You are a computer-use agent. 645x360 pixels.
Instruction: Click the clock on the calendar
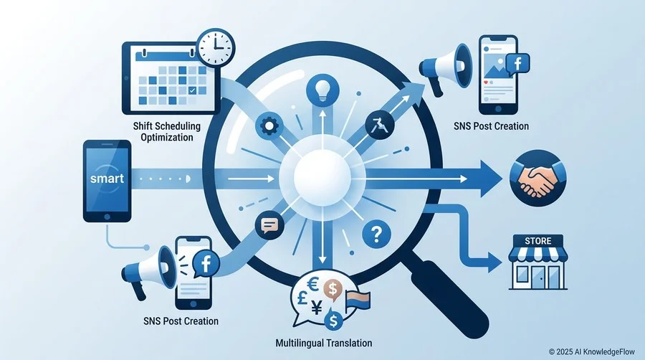pos(216,47)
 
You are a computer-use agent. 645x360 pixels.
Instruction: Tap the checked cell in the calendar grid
pos(191,90)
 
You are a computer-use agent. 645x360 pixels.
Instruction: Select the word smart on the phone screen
pos(107,179)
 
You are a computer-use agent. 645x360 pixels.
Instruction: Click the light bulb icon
pos(322,90)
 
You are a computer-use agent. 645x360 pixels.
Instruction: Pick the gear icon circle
pos(269,126)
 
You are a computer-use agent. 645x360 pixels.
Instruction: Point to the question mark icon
pos(376,234)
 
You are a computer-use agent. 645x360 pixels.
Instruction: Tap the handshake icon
pos(538,178)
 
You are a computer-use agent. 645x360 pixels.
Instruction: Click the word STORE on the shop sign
pos(538,241)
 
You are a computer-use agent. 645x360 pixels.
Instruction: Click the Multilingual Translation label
pos(324,343)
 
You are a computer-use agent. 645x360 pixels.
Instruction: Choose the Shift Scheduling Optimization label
pos(166,132)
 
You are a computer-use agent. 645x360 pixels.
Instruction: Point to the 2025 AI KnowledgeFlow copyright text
pos(591,352)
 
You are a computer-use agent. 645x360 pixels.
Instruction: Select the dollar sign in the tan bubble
pos(333,288)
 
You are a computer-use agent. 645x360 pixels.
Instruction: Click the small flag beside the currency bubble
pos(358,300)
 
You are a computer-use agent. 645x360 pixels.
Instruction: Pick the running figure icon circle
pos(380,125)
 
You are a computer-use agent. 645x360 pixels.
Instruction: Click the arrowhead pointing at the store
pos(494,262)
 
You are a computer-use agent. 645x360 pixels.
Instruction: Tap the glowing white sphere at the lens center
pos(322,178)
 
